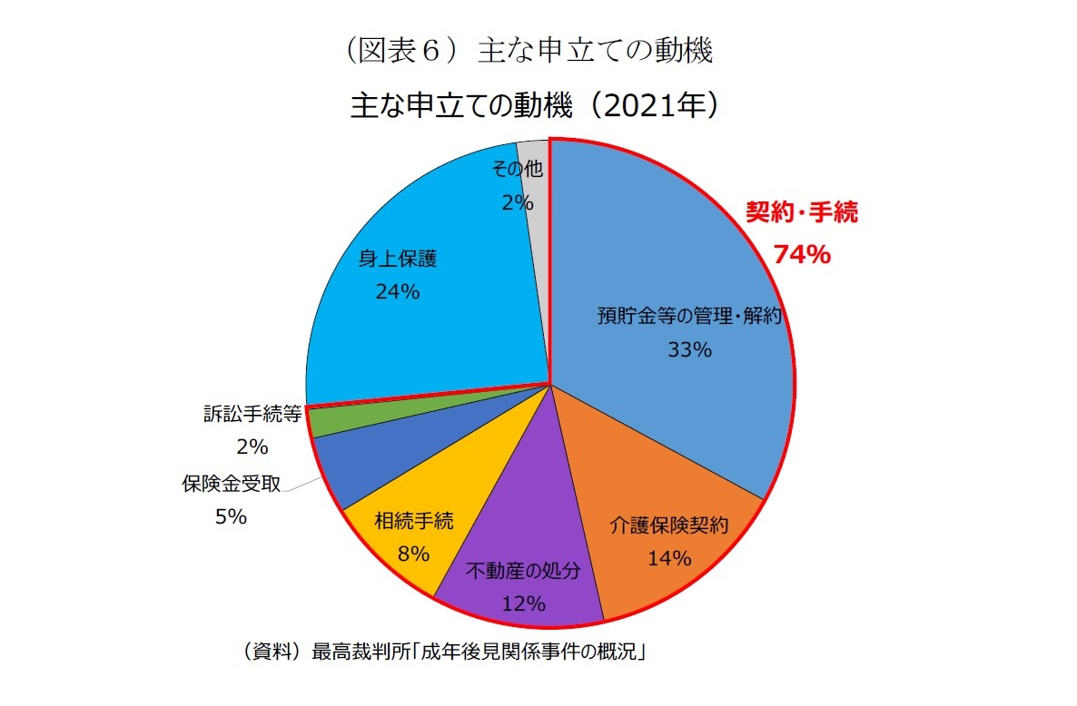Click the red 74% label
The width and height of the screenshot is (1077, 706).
coord(801,255)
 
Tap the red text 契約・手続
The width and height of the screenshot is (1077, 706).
coord(801,213)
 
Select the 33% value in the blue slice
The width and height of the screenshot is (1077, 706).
coord(689,349)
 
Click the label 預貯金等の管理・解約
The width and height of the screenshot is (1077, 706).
coord(689,316)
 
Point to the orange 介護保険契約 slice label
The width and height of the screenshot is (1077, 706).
coord(669,525)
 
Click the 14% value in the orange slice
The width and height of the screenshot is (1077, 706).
coord(669,558)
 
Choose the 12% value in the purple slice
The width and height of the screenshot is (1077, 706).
coord(523,603)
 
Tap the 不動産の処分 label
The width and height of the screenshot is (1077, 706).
coord(523,572)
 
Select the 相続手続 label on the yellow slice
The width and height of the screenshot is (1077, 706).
coord(413,521)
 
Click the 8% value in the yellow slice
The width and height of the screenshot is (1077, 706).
coord(413,553)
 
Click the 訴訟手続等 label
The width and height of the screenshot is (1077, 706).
coord(252,414)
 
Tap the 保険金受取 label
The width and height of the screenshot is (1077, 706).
coord(231,484)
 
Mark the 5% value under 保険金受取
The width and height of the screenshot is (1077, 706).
coord(231,516)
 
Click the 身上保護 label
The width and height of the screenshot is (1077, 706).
coord(397,259)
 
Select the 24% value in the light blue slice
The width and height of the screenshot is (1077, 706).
coord(397,291)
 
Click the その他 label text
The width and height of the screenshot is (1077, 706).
coord(517,169)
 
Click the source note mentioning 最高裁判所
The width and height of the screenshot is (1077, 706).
coord(440,651)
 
